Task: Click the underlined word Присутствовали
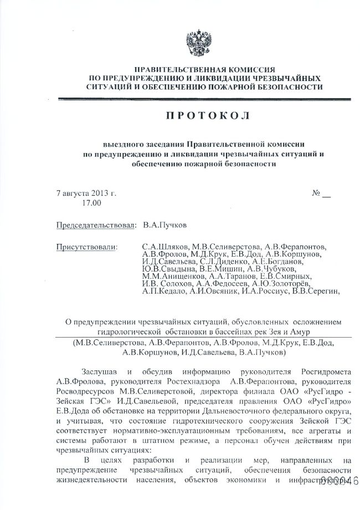click(87, 246)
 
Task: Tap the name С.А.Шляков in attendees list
click(165, 246)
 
